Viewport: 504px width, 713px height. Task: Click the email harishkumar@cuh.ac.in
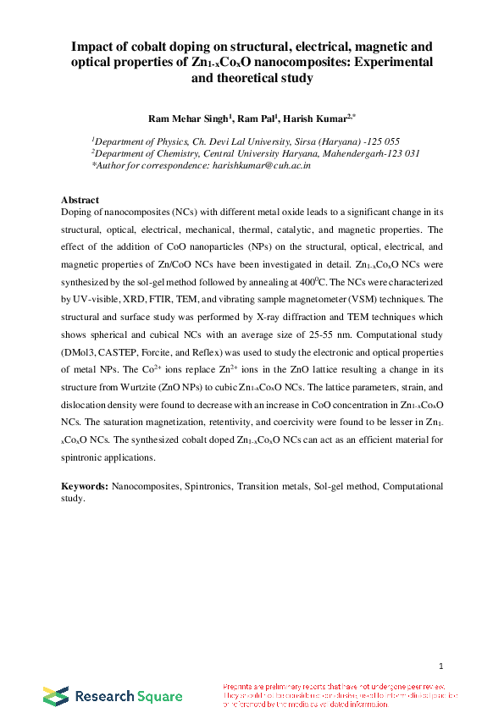(x=257, y=166)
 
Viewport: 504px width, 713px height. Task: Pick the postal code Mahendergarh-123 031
(x=374, y=153)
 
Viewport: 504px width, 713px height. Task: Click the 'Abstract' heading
(x=81, y=200)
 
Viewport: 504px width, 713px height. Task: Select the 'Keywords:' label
(x=86, y=487)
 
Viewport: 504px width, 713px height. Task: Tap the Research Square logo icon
(x=56, y=696)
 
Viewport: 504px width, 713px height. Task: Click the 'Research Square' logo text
(x=128, y=697)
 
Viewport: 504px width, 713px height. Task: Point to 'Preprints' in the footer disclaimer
(x=241, y=686)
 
